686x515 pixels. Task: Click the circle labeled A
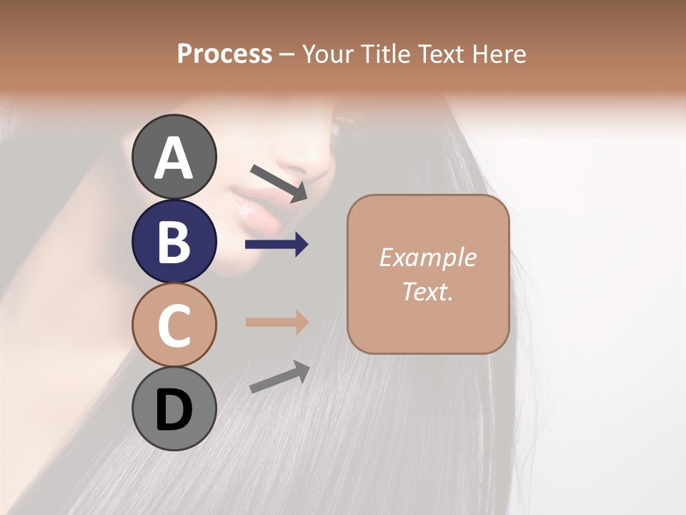tap(174, 157)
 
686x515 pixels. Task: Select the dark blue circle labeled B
tap(174, 241)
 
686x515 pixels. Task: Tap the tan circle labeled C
tap(174, 325)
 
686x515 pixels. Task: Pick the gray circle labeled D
tap(174, 408)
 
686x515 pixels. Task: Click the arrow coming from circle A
tap(279, 183)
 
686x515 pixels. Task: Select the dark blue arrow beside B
tap(277, 245)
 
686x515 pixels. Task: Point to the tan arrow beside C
tap(277, 322)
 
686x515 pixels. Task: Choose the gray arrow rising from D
tap(279, 377)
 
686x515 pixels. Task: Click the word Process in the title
tap(224, 54)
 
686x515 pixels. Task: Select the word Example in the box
tap(427, 257)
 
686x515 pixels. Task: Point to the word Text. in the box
tap(427, 291)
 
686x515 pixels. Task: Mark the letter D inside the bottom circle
tap(174, 410)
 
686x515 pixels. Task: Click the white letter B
tap(174, 242)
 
